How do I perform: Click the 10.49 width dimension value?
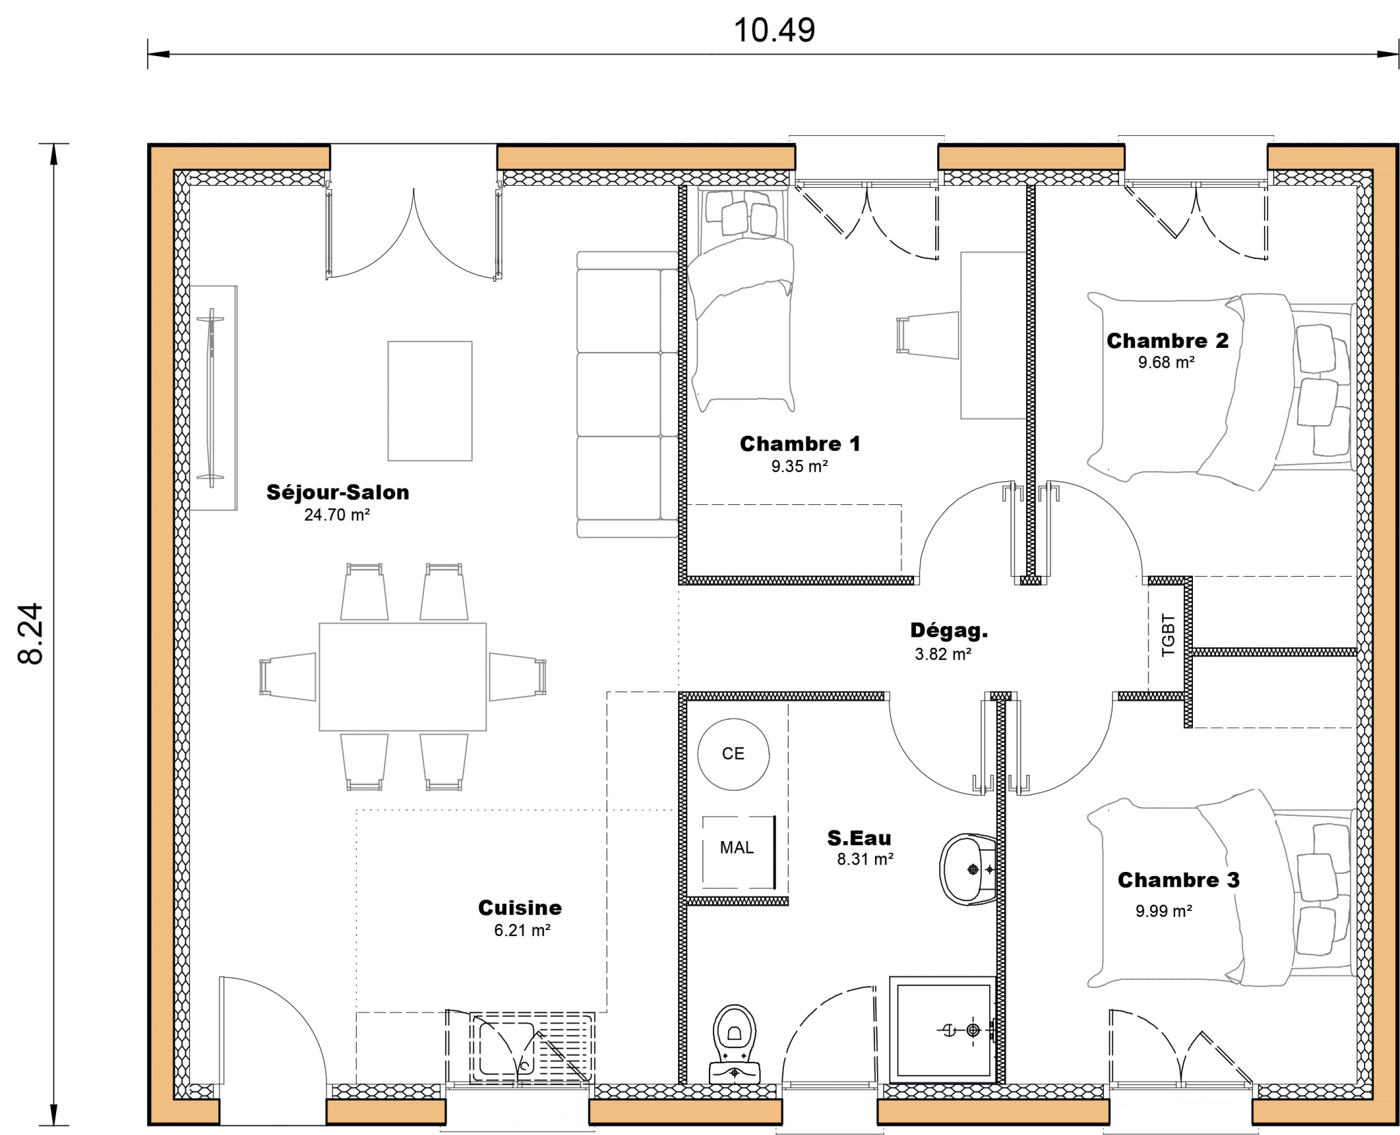coord(774,31)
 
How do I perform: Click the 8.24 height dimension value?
coord(31,633)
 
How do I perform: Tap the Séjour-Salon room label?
coord(338,492)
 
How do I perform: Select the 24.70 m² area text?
coord(337,515)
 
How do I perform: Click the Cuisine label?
coord(520,907)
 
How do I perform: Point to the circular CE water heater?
coord(733,754)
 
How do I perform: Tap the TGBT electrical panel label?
coord(1168,635)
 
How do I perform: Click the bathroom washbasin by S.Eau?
coord(967,869)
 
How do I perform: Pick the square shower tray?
coord(943,1029)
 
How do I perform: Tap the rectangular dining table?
coord(403,676)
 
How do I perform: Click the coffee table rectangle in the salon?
coord(430,401)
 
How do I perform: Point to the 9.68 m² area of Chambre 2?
coord(1166,362)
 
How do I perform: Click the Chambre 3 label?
coord(1179,879)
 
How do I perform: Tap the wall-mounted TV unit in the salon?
coord(213,398)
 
